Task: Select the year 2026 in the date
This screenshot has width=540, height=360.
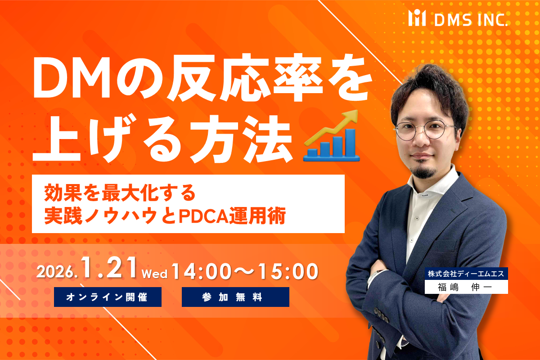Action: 58,272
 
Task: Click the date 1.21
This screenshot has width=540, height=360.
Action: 110,269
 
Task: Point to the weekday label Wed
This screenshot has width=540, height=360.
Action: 154,274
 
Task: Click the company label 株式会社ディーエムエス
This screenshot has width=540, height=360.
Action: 466,273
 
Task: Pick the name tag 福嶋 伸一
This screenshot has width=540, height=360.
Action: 466,287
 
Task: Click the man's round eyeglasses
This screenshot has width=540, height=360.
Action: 425,129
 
